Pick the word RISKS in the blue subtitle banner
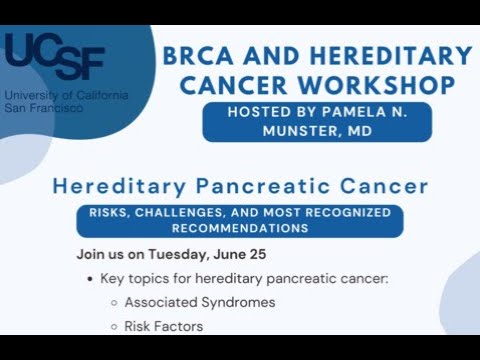click(116, 213)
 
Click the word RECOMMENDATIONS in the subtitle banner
click(239, 228)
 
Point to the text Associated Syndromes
click(199, 301)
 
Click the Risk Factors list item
click(163, 325)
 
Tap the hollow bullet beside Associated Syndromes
click(113, 302)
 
